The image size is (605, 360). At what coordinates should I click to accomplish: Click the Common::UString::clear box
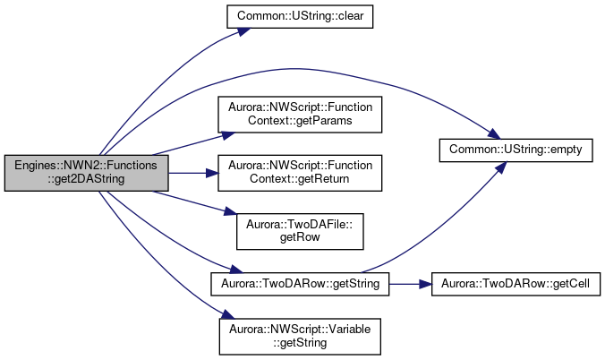pyautogui.click(x=300, y=17)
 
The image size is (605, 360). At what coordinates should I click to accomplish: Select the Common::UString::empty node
pyautogui.click(x=516, y=150)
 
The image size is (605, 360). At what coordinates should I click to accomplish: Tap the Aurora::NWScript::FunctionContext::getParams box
pyautogui.click(x=300, y=115)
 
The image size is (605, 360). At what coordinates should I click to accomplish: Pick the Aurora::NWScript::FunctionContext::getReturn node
pyautogui.click(x=300, y=173)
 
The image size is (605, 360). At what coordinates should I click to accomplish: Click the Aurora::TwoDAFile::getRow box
pyautogui.click(x=300, y=231)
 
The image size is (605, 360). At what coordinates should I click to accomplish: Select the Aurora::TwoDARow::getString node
pyautogui.click(x=300, y=284)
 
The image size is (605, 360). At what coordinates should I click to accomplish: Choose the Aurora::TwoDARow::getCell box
pyautogui.click(x=516, y=284)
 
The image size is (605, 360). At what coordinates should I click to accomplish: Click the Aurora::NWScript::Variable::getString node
pyautogui.click(x=300, y=337)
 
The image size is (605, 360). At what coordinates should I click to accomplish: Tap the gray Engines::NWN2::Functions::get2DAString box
pyautogui.click(x=87, y=173)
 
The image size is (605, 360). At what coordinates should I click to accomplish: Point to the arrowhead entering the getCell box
pyautogui.click(x=425, y=284)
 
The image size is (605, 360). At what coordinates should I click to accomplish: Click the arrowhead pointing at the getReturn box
pyautogui.click(x=212, y=173)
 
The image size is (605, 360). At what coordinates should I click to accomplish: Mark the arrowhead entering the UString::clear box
pyautogui.click(x=244, y=31)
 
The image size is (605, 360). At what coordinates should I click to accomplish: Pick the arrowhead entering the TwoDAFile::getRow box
pyautogui.click(x=230, y=211)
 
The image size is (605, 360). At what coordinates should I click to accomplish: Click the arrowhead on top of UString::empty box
pyautogui.click(x=494, y=134)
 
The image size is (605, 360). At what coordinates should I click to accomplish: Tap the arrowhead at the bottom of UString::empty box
pyautogui.click(x=500, y=167)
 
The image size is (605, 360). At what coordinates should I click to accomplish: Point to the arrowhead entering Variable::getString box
pyautogui.click(x=226, y=314)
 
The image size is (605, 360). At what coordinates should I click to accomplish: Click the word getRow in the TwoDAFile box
pyautogui.click(x=300, y=237)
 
